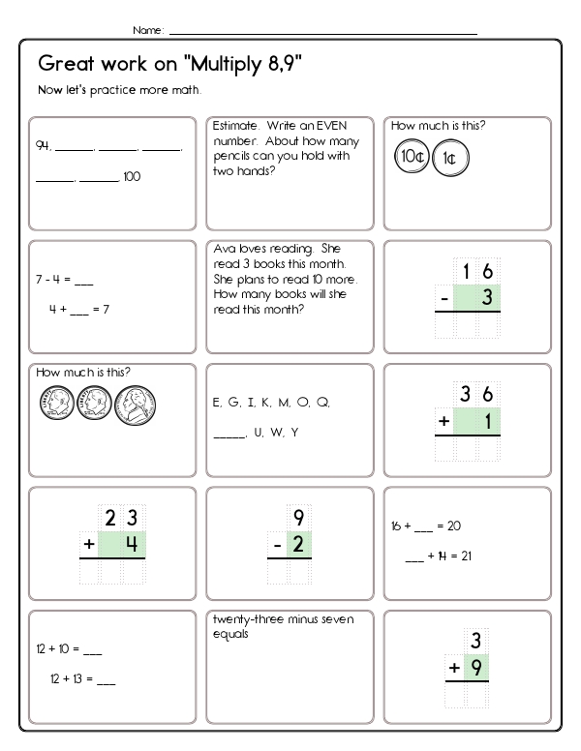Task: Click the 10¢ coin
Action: point(411,156)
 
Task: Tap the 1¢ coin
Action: point(448,158)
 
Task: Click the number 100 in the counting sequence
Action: point(132,177)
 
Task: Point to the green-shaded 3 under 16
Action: point(487,298)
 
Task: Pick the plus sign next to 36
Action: point(444,421)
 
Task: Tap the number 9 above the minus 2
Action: point(298,517)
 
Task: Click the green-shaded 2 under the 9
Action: point(298,545)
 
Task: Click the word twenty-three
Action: point(241,621)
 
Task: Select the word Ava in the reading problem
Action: point(223,249)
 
